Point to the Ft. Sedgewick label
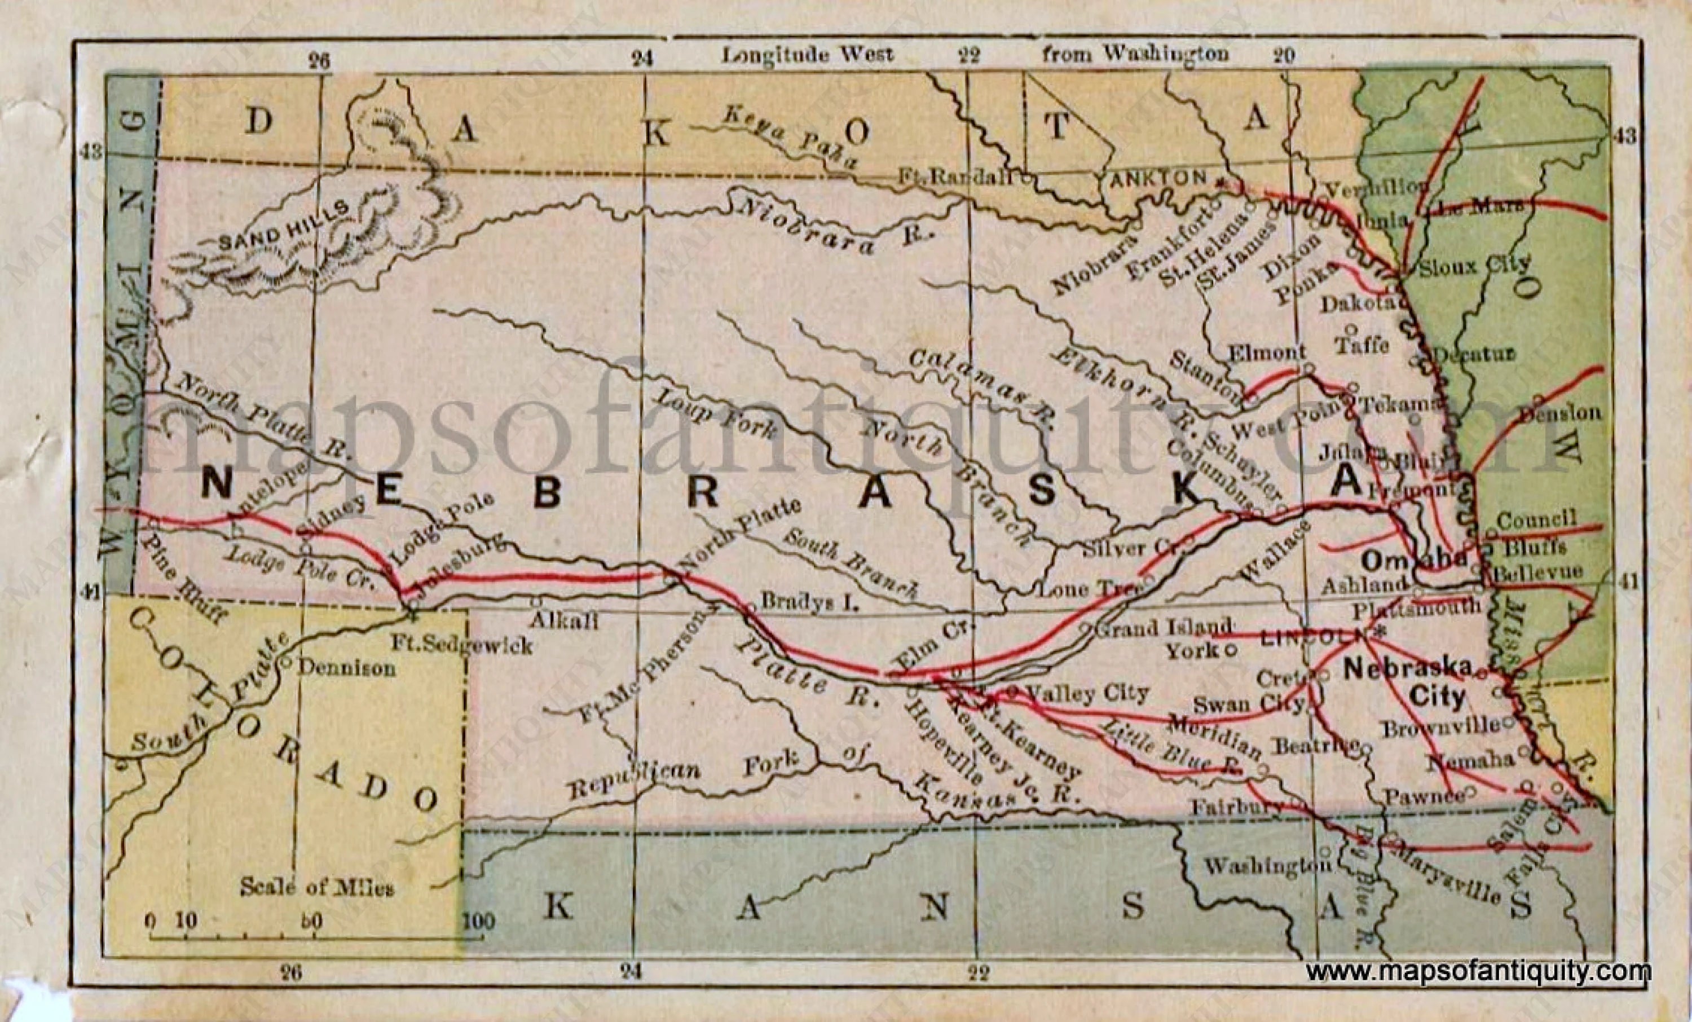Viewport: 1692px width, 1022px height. [461, 644]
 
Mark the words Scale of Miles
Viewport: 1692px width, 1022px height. [316, 887]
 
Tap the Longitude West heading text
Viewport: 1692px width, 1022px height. [807, 54]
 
